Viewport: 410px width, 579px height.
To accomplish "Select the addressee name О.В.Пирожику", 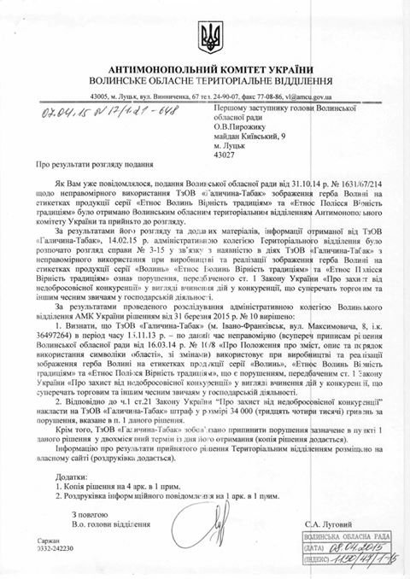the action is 255,120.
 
